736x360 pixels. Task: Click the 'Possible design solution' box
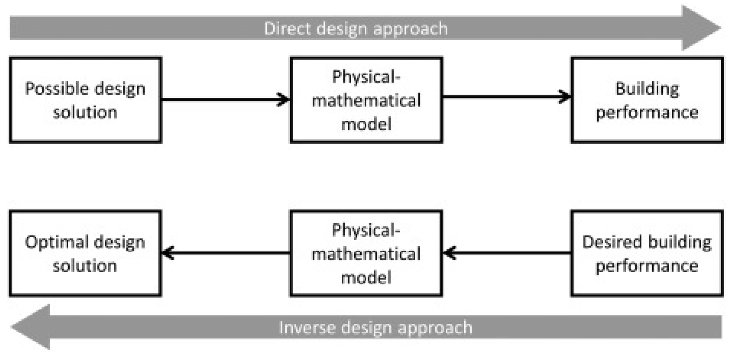pos(85,100)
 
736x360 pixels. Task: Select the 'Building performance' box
pos(647,100)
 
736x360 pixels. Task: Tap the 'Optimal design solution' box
pos(85,253)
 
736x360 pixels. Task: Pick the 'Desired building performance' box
pos(647,253)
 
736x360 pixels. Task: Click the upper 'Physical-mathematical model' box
pos(366,100)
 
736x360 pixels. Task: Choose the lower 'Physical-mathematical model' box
pos(366,253)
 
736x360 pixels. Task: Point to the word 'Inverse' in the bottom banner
pos(307,328)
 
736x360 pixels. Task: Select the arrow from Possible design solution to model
pos(225,99)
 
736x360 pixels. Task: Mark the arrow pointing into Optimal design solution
pos(225,253)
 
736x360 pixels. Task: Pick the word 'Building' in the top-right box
pos(647,88)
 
